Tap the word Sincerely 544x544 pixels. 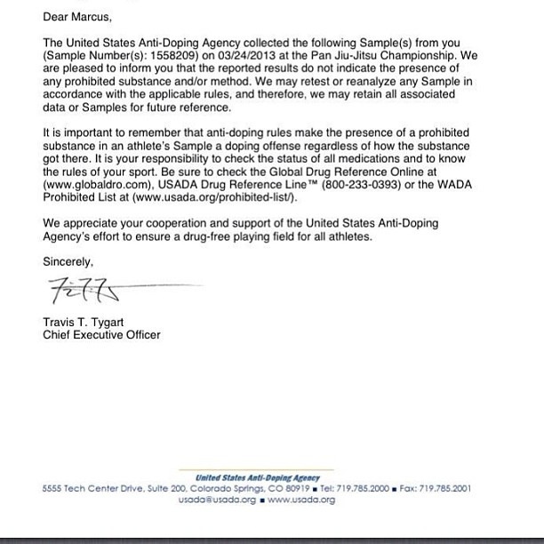point(68,260)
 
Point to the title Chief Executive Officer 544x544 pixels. point(102,335)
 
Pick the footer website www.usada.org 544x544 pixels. point(301,500)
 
